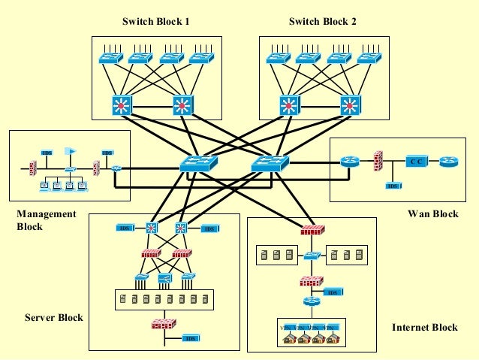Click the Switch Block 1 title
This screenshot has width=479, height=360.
pos(155,22)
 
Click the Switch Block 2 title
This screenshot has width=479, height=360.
pos(322,22)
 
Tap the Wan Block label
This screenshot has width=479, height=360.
pos(432,214)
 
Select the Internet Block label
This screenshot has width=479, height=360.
pos(424,328)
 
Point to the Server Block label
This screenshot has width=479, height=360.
pos(53,318)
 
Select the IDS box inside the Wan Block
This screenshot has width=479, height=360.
pos(392,185)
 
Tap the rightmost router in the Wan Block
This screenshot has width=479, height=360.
pos(448,162)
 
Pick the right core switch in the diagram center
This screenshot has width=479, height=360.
pos(270,162)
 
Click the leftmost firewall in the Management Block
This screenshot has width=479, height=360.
pos(33,167)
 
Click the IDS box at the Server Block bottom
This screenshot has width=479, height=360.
pos(190,338)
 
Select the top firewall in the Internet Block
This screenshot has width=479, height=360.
pos(310,230)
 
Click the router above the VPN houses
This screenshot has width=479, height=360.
pos(311,301)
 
